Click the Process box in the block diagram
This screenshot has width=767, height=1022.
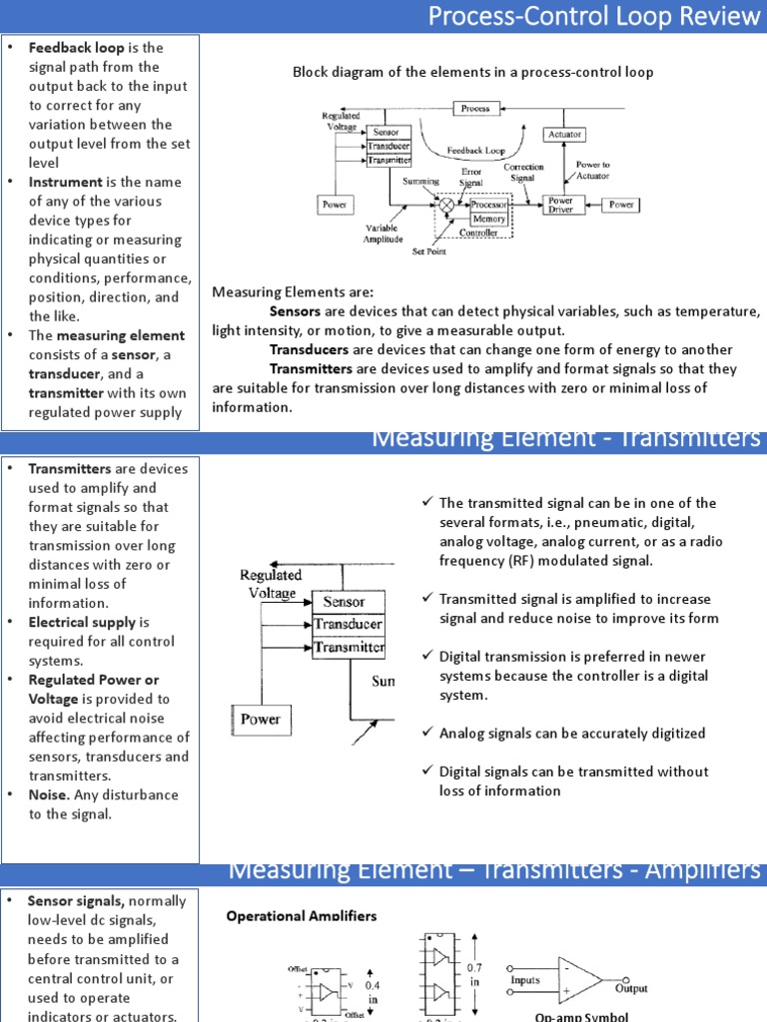476,108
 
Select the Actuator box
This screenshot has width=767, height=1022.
564,134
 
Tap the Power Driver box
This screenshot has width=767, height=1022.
560,205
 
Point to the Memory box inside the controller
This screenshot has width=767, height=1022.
489,219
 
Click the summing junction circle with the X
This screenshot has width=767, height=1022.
445,205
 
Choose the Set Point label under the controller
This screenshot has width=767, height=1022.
430,252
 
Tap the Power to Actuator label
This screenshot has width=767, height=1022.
592,169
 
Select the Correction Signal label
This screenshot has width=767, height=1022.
523,173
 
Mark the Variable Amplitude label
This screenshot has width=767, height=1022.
383,233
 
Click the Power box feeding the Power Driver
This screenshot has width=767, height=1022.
621,205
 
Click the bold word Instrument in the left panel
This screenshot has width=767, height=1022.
65,182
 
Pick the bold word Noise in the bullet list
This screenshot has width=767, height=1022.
48,794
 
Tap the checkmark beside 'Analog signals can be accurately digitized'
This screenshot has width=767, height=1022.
426,733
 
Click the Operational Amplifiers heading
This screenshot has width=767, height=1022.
302,915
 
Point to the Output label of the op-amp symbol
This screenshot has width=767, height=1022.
630,988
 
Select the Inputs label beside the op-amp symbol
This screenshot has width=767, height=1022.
525,980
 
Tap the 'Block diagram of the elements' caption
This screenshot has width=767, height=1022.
472,72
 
